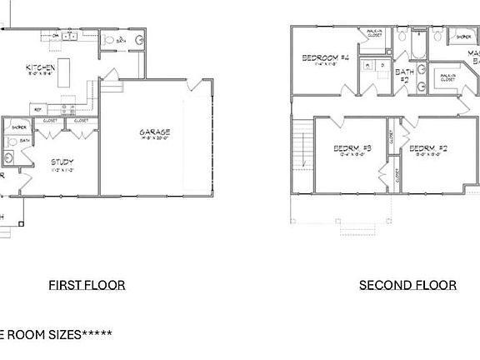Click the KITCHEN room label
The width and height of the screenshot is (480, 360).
pyautogui.click(x=40, y=67)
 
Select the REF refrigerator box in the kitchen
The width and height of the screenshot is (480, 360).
pyautogui.click(x=37, y=108)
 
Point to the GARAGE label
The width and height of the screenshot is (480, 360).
pyautogui.click(x=155, y=132)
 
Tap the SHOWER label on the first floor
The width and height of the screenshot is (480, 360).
pyautogui.click(x=19, y=127)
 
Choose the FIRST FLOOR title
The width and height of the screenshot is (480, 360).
pyautogui.click(x=87, y=285)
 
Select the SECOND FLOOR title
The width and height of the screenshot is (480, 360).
pyautogui.click(x=407, y=285)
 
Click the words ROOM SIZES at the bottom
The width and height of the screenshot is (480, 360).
pyautogui.click(x=46, y=334)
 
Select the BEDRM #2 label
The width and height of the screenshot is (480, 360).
pyautogui.click(x=428, y=149)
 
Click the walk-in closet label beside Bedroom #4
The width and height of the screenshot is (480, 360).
pyautogui.click(x=370, y=34)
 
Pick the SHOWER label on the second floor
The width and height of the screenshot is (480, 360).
pyautogui.click(x=462, y=37)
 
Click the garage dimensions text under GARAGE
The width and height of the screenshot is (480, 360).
pyautogui.click(x=155, y=140)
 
